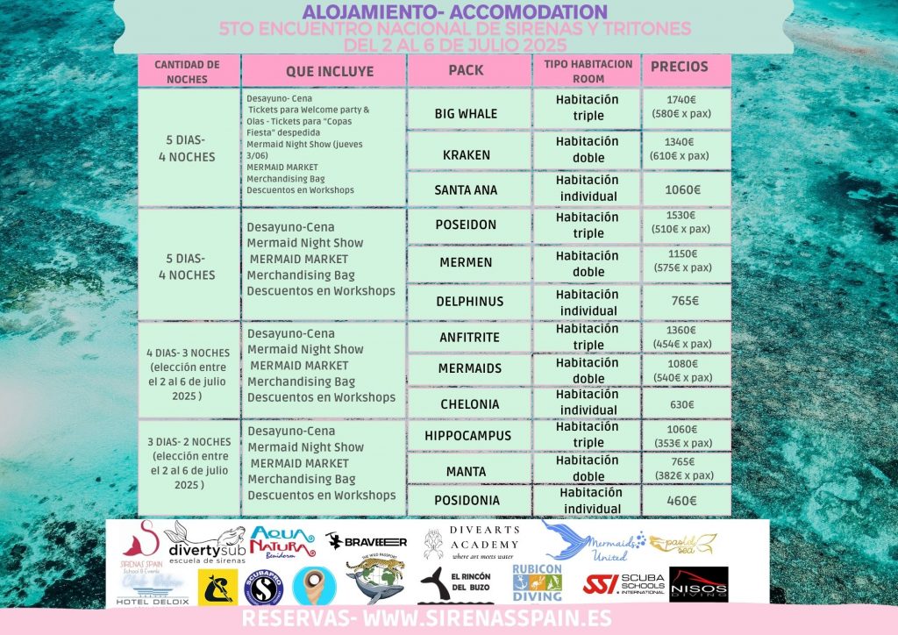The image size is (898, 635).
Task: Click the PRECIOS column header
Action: click(x=679, y=67)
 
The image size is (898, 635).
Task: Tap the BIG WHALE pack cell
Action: click(x=466, y=113)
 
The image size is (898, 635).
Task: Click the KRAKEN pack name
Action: click(x=466, y=155)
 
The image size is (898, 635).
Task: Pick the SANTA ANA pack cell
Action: click(x=466, y=189)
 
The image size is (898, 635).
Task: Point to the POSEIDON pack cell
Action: click(x=466, y=225)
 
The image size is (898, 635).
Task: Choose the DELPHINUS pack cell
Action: click(x=469, y=302)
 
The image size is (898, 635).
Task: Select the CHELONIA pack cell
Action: click(x=469, y=404)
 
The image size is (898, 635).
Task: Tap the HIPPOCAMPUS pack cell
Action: click(x=467, y=436)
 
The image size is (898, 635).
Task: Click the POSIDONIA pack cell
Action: click(x=469, y=501)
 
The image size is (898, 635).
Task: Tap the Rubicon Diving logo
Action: click(x=537, y=582)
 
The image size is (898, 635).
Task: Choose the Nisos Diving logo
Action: click(x=698, y=584)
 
